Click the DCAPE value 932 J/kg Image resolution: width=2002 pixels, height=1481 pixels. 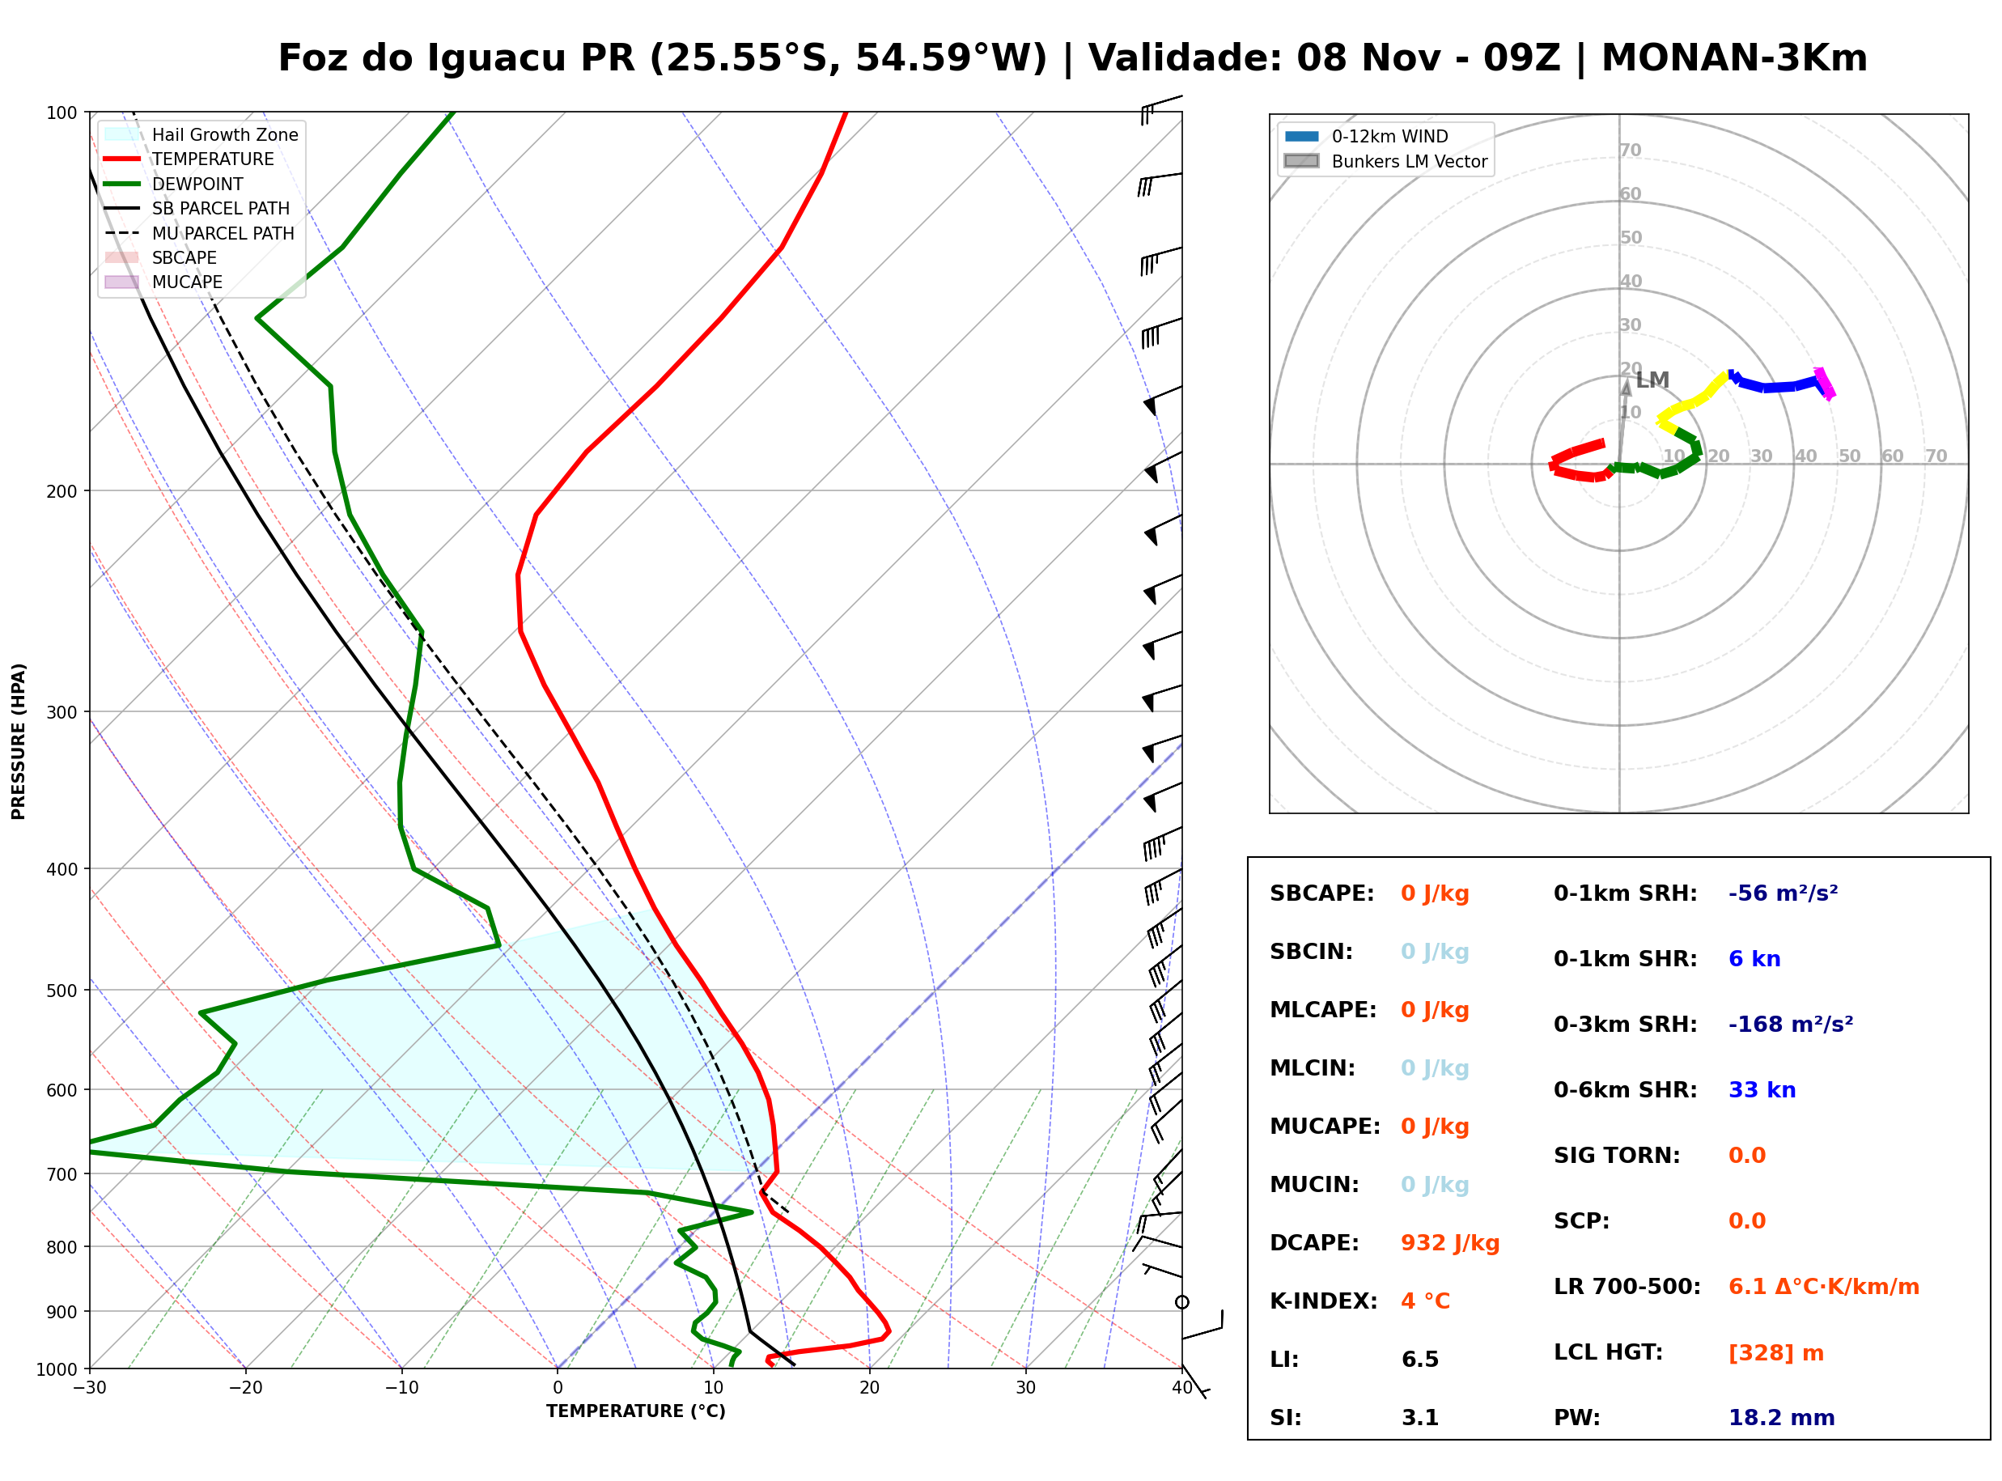1449,1242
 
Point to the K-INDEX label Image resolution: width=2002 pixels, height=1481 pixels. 1323,1301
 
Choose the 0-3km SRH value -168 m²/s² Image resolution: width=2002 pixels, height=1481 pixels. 1791,1024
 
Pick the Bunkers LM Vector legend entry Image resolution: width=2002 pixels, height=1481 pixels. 1385,161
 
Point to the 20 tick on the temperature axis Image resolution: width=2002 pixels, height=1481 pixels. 869,1388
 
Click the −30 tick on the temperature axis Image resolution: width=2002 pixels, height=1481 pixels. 90,1388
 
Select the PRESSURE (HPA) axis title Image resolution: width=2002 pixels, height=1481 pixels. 19,740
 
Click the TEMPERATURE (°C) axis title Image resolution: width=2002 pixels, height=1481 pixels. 635,1411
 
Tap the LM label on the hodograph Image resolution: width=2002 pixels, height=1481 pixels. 1652,380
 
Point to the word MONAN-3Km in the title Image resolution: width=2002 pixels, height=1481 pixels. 1734,58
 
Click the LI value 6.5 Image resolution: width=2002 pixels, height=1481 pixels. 1419,1359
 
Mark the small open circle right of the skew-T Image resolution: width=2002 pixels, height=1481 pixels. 1182,1301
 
